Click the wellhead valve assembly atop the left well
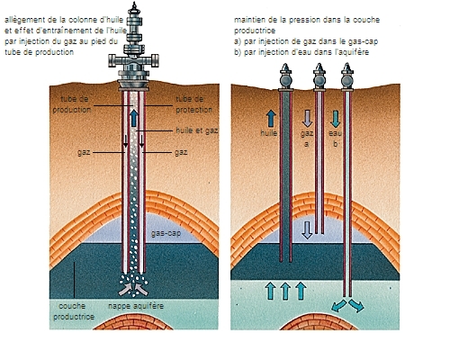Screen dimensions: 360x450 pyautogui.click(x=134, y=50)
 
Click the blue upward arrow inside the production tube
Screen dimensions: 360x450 pyautogui.click(x=134, y=118)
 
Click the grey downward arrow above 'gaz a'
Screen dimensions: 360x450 pyautogui.click(x=306, y=117)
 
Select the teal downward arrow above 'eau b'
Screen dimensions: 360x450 pyautogui.click(x=336, y=117)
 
